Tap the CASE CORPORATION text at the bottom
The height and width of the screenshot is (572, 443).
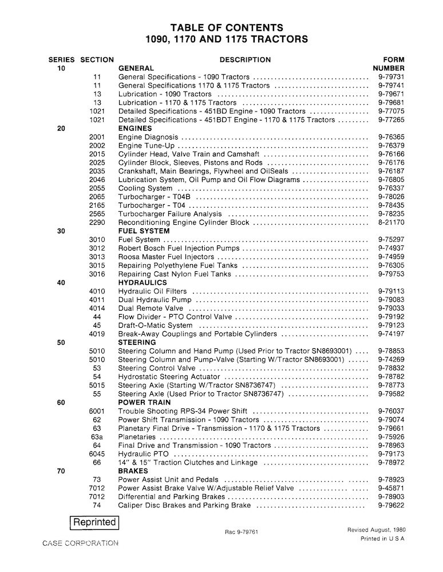coord(80,543)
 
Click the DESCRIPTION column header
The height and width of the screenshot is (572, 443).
coord(245,59)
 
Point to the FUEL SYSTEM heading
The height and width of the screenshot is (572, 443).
coord(143,231)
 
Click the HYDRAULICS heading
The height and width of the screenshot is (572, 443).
coord(143,283)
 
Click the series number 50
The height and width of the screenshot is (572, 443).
coord(61,342)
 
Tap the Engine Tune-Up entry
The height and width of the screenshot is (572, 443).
coord(142,145)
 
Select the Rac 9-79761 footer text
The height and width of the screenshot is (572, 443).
coord(242,532)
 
